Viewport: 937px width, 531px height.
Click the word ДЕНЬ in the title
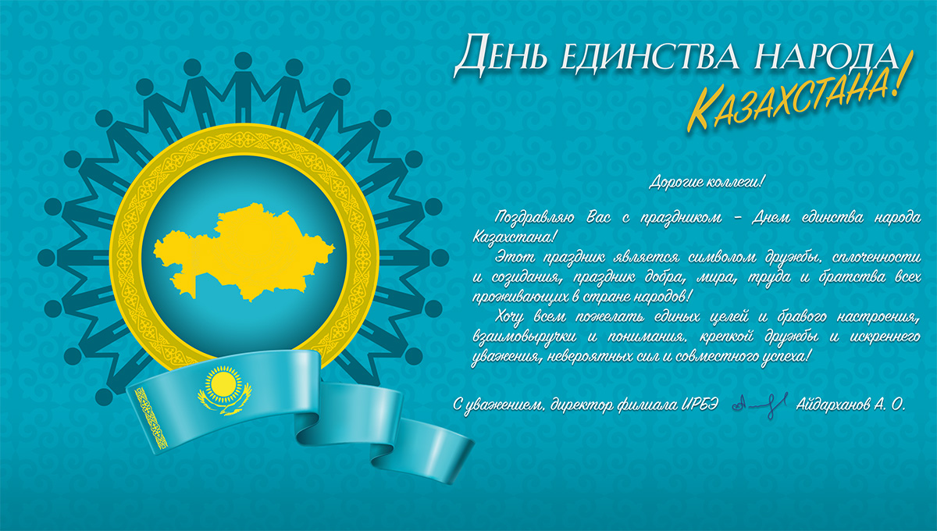501,55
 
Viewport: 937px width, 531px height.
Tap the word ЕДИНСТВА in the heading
650,55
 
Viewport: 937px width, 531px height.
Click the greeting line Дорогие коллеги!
707,182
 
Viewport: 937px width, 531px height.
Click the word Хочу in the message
509,318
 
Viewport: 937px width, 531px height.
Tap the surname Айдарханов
833,404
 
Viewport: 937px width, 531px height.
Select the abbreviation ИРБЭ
700,404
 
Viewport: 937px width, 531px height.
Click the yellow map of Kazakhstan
244,252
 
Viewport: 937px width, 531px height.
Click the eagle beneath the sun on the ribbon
226,404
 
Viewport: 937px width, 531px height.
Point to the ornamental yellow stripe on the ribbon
151,418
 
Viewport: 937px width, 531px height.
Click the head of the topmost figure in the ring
243,61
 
